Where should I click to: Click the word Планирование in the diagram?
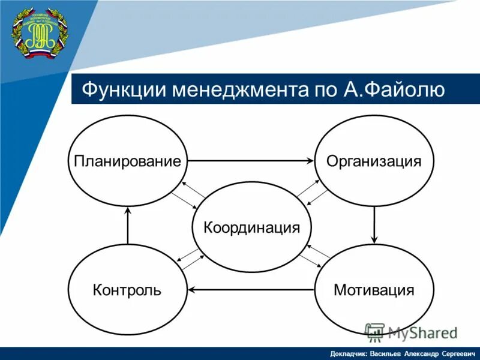coord(127,161)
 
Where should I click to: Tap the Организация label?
coord(373,161)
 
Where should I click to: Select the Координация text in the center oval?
coord(251,228)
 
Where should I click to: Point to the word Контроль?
coord(127,290)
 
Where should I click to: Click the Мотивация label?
coord(374,290)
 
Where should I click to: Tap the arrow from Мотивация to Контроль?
coord(251,290)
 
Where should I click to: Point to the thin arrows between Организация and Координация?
coord(312,191)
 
